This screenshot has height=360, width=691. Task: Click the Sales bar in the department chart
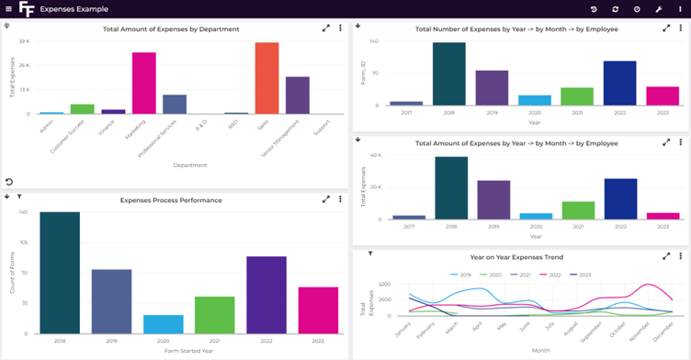(266, 78)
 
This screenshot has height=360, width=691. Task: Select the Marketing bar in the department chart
(143, 84)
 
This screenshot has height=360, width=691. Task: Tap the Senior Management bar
(297, 96)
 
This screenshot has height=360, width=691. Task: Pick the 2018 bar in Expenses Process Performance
(60, 272)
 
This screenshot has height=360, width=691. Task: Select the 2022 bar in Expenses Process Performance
(266, 294)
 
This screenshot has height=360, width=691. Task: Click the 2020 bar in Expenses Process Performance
(163, 322)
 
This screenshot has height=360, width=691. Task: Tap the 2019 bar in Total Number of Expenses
(493, 88)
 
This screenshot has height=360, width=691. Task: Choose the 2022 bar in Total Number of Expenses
(619, 84)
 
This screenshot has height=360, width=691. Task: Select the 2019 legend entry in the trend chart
(461, 275)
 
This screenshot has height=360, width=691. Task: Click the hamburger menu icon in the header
(8, 8)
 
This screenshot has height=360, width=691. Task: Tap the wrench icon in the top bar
(658, 9)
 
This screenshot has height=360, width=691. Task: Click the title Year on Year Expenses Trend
(516, 257)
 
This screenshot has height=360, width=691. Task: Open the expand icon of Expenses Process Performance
(325, 199)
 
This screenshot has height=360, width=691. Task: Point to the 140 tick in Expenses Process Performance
(22, 212)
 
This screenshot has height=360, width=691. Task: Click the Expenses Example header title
(74, 8)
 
